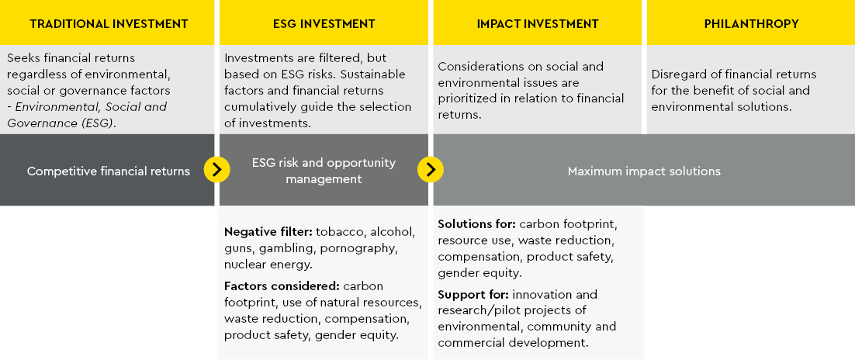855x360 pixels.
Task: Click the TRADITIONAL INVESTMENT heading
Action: tap(109, 24)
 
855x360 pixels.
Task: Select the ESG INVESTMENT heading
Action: tap(323, 24)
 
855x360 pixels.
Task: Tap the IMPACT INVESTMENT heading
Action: tap(537, 24)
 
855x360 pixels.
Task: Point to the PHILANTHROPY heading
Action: tap(751, 24)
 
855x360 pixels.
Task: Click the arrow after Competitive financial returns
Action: tap(216, 169)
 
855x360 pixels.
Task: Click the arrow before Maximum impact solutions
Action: tap(431, 169)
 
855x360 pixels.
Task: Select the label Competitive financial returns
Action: tap(109, 171)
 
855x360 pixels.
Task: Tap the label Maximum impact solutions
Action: tap(644, 171)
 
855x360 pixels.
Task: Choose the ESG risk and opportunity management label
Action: tap(324, 171)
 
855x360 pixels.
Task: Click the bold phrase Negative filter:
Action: tap(268, 232)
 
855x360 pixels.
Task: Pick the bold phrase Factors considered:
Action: tap(282, 286)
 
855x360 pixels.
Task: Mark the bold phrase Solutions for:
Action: tap(476, 224)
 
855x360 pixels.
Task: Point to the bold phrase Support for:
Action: tap(472, 295)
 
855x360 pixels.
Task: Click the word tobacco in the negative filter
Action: tap(340, 232)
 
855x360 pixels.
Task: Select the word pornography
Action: tap(359, 248)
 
